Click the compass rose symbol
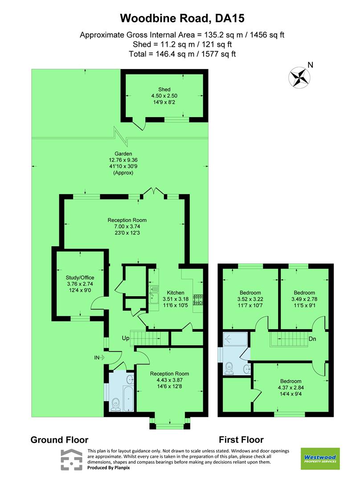pos(299,76)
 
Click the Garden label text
pos(123,154)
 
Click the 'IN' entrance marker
pos(97,357)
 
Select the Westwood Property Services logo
pos(320,459)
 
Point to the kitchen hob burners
pos(198,300)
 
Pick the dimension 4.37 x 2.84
pos(290,387)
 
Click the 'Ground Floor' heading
pos(59,440)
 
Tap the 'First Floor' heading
pos(241,440)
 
